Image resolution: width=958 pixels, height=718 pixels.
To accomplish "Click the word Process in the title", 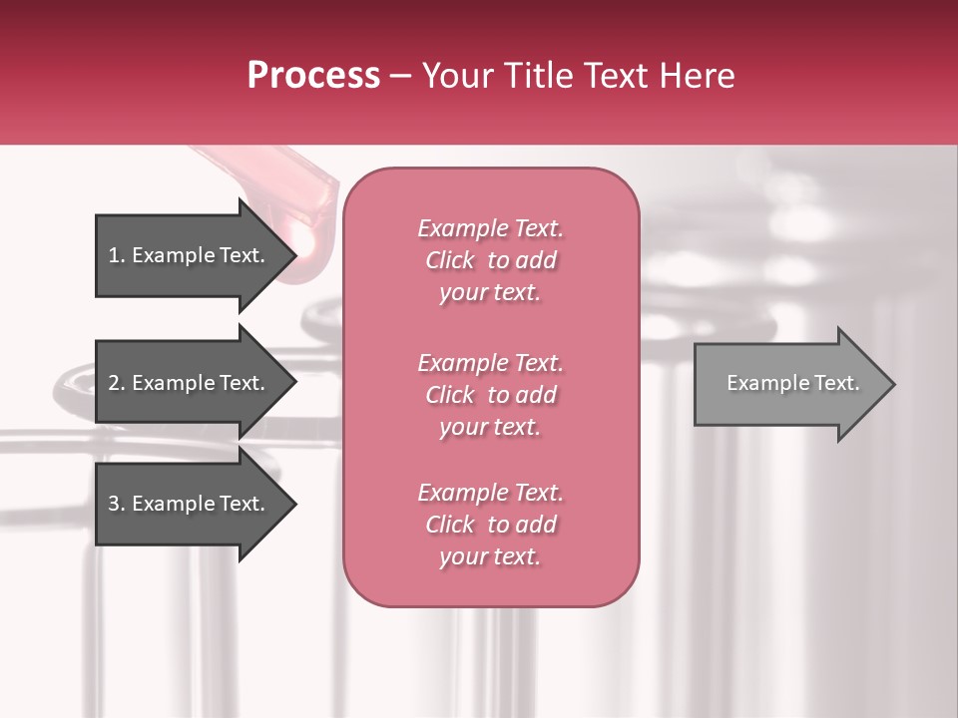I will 313,76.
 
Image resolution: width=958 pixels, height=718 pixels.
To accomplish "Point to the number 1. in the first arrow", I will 117,255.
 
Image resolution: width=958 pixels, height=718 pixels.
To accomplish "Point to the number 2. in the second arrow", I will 117,383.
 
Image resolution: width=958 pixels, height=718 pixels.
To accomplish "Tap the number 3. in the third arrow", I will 117,504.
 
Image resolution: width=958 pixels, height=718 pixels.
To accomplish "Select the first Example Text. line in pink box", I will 490,228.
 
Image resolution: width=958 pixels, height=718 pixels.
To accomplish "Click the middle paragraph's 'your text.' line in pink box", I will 490,427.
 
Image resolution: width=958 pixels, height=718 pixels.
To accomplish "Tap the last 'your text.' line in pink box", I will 490,557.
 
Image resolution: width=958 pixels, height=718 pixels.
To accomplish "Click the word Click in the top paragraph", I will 450,260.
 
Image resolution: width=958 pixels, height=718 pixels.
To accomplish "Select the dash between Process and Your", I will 400,76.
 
